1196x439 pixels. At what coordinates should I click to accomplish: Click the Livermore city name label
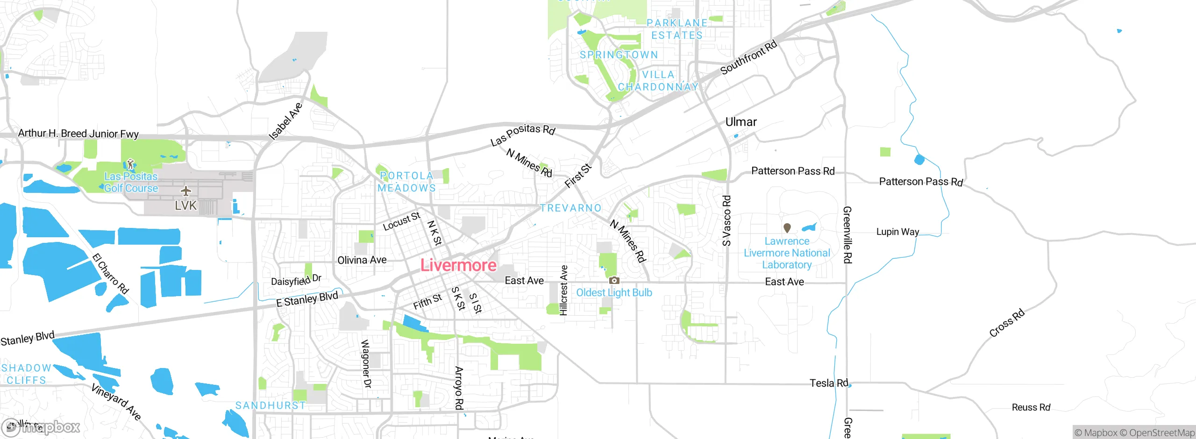(x=458, y=265)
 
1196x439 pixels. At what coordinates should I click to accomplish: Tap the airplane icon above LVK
(x=186, y=191)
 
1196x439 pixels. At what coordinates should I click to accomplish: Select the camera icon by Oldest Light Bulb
(x=614, y=281)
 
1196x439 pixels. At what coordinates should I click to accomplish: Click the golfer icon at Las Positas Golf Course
(x=131, y=164)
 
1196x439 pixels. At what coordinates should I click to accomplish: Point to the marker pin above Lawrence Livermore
(x=787, y=228)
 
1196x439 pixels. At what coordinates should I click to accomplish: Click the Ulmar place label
(x=741, y=122)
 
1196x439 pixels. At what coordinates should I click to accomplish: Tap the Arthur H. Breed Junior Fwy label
(x=78, y=134)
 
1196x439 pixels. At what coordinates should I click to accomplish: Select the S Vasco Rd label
(x=726, y=221)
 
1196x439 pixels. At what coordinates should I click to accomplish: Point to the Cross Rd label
(x=1007, y=323)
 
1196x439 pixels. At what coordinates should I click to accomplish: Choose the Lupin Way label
(x=897, y=232)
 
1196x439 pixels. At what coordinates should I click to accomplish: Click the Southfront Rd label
(x=748, y=57)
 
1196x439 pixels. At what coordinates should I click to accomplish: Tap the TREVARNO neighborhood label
(x=571, y=208)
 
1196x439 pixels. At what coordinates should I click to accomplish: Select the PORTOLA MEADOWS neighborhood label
(x=406, y=182)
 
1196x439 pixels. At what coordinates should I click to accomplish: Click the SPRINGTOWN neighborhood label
(x=619, y=55)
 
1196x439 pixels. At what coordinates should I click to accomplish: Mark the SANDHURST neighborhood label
(x=271, y=405)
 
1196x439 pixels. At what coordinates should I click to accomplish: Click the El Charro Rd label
(x=110, y=274)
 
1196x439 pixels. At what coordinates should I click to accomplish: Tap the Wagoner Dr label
(x=366, y=364)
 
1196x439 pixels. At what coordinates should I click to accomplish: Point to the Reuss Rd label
(x=1031, y=407)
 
